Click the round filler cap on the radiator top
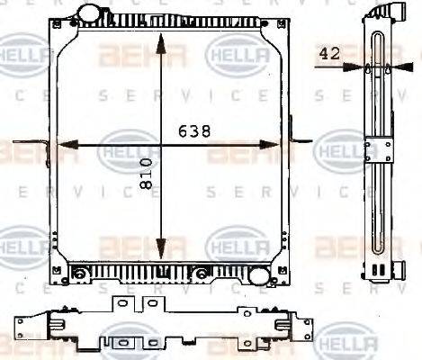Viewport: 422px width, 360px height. click(x=90, y=14)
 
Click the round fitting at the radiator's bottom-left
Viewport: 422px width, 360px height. click(x=80, y=273)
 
